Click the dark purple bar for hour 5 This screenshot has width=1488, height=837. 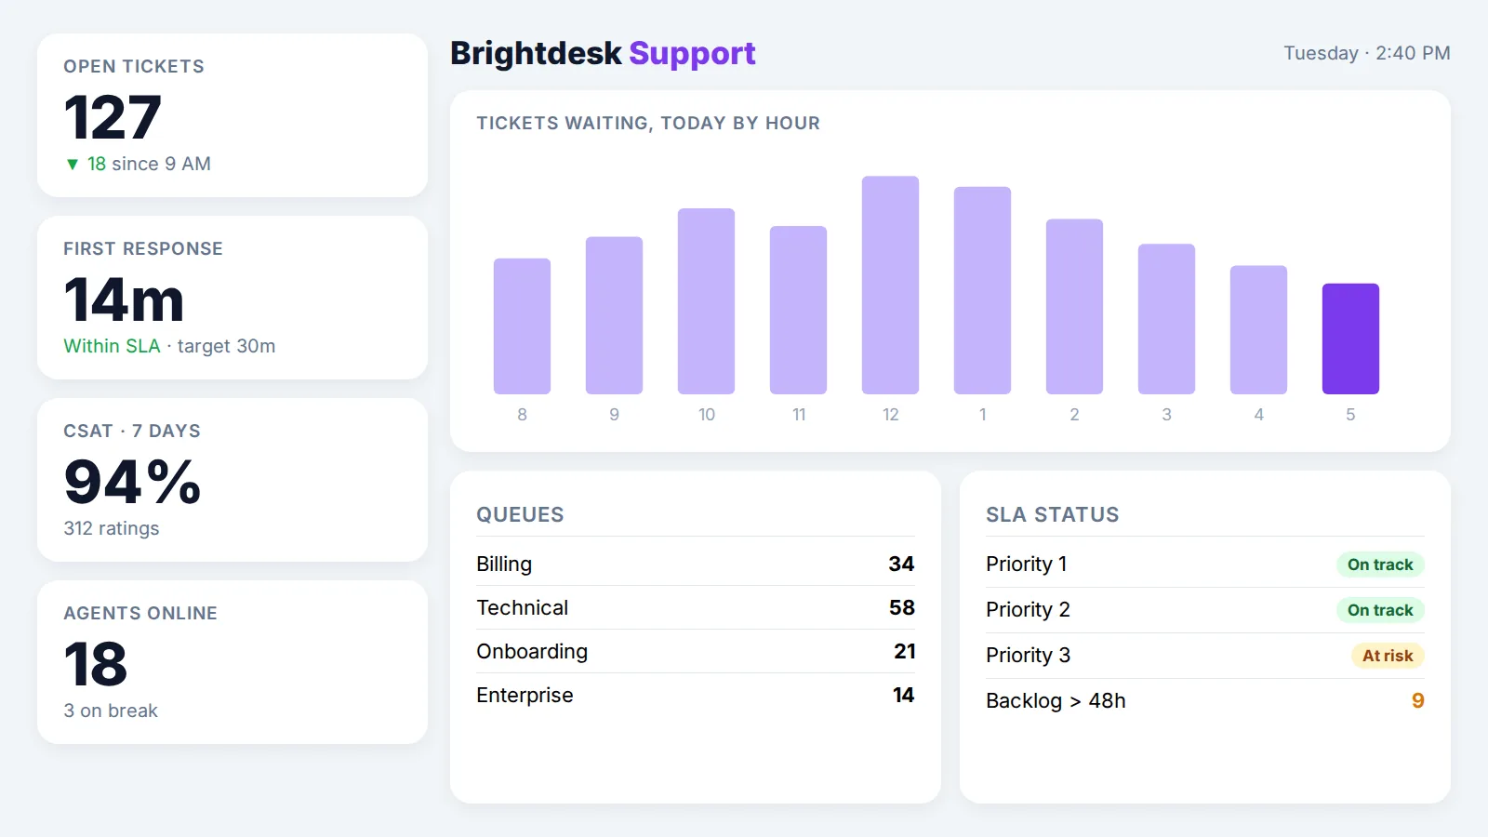[1350, 339]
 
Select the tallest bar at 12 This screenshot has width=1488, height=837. [890, 285]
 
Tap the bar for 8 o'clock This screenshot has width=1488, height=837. [522, 326]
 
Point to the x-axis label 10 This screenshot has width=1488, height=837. [706, 415]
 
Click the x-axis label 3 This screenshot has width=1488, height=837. [1166, 415]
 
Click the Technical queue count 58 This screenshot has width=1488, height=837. [901, 607]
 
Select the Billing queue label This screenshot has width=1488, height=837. [504, 564]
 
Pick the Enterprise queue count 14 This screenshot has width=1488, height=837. [903, 695]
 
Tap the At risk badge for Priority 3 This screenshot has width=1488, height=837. [1388, 656]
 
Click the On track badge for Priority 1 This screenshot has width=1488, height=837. [1380, 565]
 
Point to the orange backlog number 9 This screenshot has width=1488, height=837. [1417, 700]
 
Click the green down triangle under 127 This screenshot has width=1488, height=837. [73, 164]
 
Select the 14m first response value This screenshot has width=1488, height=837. [124, 299]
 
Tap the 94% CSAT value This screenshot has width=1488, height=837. [132, 482]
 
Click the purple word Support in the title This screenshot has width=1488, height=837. [692, 53]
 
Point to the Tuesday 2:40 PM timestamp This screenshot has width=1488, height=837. [1366, 53]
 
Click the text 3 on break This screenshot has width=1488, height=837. [111, 711]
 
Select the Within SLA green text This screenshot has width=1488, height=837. [112, 346]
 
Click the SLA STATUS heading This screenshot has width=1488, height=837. [1052, 515]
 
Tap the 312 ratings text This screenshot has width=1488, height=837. [112, 529]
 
